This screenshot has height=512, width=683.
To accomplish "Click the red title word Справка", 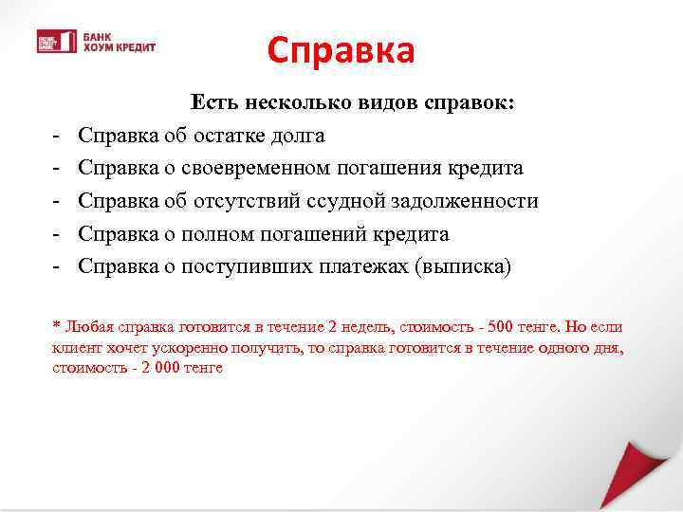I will (341, 50).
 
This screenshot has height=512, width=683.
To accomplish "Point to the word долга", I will (295, 136).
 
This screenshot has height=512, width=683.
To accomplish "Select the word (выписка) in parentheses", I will (462, 266).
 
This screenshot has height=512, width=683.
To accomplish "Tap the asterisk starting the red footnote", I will (56, 327).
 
